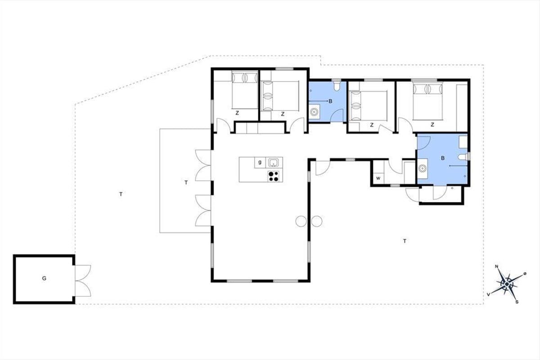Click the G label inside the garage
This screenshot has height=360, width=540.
click(44, 279)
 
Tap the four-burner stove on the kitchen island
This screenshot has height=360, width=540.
click(274, 176)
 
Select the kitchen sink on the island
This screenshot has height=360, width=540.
click(274, 162)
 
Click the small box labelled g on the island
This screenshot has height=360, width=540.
click(260, 162)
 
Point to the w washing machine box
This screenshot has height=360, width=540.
click(378, 179)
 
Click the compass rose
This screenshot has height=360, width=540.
click(507, 284)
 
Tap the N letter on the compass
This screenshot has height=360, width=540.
click(497, 266)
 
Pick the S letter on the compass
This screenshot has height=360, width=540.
click(517, 302)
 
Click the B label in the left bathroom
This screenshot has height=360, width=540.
click(330, 101)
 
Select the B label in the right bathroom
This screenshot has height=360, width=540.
click(443, 158)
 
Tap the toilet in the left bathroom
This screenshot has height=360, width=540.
click(337, 86)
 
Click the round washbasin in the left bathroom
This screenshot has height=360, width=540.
click(314, 112)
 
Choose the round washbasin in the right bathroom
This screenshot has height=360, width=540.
click(422, 168)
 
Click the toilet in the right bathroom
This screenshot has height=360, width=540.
click(463, 157)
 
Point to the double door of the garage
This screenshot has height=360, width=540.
click(83, 281)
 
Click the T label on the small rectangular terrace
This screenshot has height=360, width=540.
click(186, 183)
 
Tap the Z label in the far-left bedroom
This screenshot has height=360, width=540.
click(237, 113)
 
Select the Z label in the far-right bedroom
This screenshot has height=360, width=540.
click(432, 125)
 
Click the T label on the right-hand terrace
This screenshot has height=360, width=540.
click(405, 241)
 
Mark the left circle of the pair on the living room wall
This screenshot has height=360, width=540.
click(301, 221)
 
